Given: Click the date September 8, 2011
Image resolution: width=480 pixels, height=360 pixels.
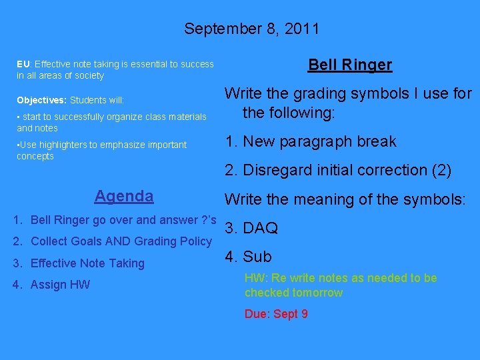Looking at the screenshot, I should (x=251, y=29).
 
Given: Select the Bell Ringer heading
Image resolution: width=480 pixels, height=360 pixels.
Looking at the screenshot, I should (x=349, y=65).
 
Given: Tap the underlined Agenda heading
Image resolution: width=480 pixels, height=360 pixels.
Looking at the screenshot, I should (x=124, y=196).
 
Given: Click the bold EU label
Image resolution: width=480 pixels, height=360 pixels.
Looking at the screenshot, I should (x=23, y=65).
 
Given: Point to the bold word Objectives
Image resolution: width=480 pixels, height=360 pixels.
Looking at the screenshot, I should (x=41, y=100).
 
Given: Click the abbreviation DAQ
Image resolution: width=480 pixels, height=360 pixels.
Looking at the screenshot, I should (x=260, y=229).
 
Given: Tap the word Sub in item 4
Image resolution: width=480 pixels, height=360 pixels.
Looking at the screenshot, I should (x=257, y=257).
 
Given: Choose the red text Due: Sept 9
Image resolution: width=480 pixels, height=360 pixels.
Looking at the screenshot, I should (x=276, y=314).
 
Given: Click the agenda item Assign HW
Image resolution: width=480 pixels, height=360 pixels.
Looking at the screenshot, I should (x=60, y=285).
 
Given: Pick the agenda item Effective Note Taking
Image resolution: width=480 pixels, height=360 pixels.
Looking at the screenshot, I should (x=87, y=263).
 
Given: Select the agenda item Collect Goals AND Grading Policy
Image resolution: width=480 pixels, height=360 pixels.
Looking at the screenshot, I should (x=121, y=241).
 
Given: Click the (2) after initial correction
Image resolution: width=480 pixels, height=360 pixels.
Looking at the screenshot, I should (x=441, y=171).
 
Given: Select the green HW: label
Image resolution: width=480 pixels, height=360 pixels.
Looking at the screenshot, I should (x=256, y=278).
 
